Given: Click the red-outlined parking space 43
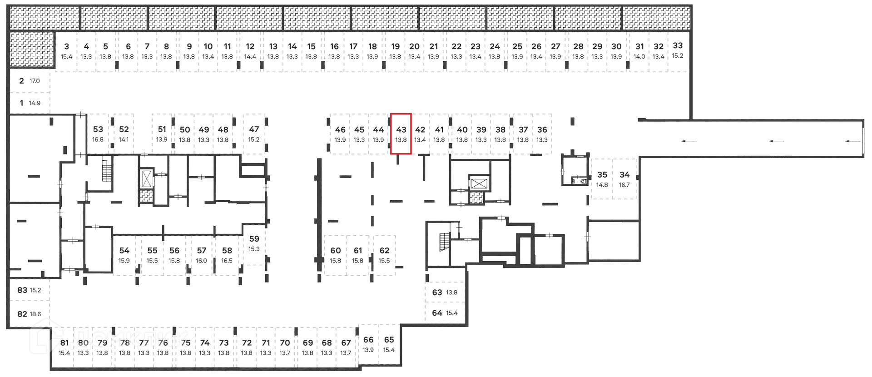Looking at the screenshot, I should pos(401,134).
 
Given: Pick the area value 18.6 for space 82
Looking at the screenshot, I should pos(35,314).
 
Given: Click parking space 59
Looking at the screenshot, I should pos(254,244).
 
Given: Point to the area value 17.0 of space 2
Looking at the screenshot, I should pos(35,81).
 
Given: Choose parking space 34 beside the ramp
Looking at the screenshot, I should pos(624,179).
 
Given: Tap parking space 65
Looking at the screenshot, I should pos(389,344).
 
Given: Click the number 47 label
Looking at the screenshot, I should pos(254,129).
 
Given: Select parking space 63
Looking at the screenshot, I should pos(445,293).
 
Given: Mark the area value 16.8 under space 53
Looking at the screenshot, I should pos(98,140).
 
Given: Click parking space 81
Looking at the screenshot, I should pos(64,347).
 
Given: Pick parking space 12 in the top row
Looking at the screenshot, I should pos(250,51).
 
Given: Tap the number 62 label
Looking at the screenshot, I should pos(384,250).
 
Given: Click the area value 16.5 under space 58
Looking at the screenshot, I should pos(227,261).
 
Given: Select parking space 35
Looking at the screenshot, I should pos(602,179).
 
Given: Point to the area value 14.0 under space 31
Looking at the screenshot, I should pos(639,57).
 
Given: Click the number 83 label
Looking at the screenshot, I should pos(22,290).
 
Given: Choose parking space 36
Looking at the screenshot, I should pos(542,134).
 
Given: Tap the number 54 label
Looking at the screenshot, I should pos(124,250).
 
